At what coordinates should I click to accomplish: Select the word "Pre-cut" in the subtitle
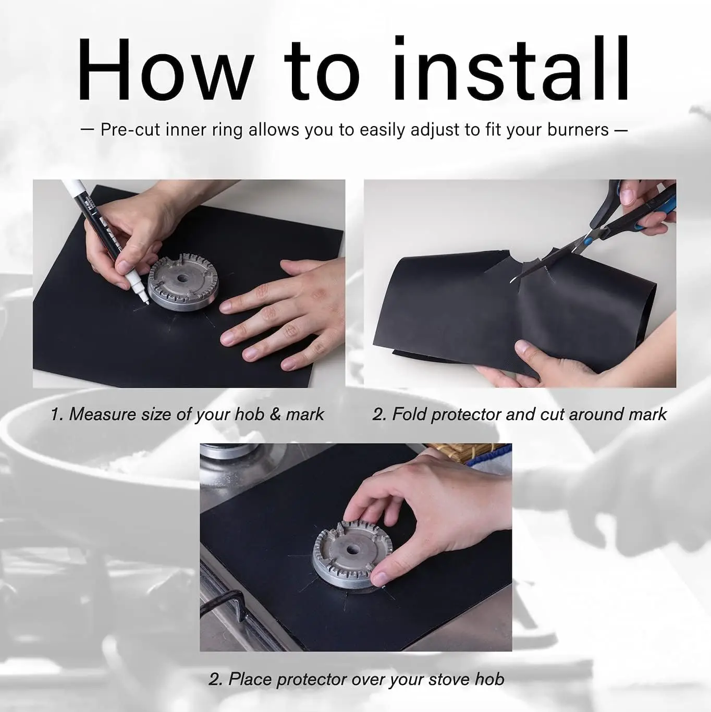click(131, 130)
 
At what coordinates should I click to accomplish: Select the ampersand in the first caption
click(275, 414)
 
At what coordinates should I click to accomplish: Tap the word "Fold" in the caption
click(409, 414)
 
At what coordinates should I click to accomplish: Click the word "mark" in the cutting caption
click(647, 414)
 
